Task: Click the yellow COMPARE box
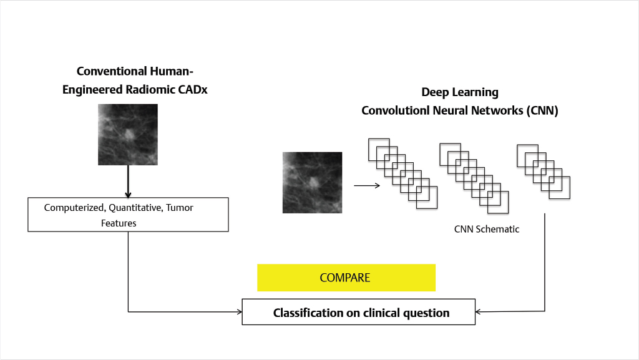[346, 278]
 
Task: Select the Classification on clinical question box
[358, 313]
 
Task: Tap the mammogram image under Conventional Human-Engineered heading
[128, 134]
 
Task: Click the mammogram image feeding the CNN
[312, 183]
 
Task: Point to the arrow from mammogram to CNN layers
[367, 185]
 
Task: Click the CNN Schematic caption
[486, 229]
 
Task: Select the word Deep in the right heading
[435, 92]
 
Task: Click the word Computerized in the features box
[71, 207]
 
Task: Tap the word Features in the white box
[119, 222]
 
